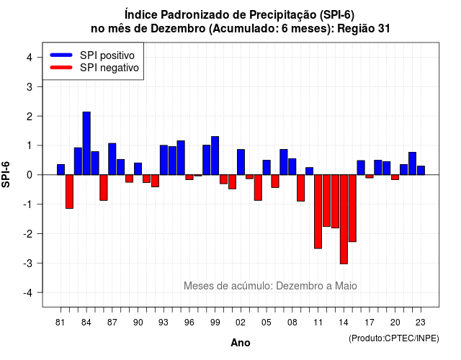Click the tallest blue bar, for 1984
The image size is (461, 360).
click(86, 143)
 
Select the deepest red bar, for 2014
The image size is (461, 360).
click(344, 219)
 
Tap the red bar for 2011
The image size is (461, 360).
click(318, 212)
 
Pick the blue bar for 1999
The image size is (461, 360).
click(215, 156)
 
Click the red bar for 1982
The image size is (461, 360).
click(69, 192)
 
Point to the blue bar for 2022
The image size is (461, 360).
click(413, 163)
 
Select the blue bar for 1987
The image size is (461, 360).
click(112, 159)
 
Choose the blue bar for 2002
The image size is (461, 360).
click(241, 162)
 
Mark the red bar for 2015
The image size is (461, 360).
click(352, 208)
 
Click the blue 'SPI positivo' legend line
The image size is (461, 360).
click(61, 55)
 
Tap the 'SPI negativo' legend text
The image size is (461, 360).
click(109, 68)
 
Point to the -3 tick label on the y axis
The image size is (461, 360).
click(28, 264)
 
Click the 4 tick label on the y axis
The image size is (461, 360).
click(30, 58)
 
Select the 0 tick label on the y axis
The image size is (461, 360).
click(30, 175)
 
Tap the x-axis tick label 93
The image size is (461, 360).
click(164, 323)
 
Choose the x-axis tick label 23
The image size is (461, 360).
click(421, 323)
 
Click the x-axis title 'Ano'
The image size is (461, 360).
click(241, 343)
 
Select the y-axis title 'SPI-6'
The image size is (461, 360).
click(6, 174)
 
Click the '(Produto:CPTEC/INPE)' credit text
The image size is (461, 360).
click(394, 338)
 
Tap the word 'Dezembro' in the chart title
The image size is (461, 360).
click(178, 29)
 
